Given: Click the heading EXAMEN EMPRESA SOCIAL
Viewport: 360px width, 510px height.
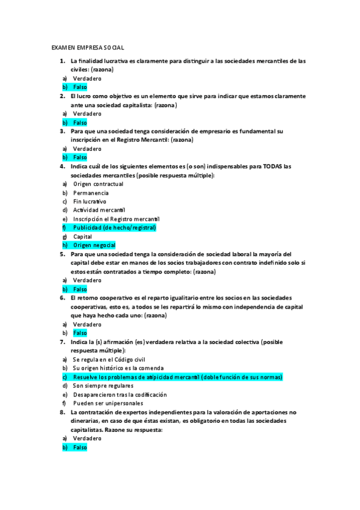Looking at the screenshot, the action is coord(88,46).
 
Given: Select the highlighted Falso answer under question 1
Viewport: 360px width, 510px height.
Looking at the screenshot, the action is coord(80,87).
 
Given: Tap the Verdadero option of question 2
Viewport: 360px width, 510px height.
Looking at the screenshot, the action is coord(87,114).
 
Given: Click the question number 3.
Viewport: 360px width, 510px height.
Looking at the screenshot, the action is coord(62,131).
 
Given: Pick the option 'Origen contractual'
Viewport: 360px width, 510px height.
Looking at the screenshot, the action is coord(98,184).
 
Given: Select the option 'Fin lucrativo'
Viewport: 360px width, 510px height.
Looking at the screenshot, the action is coord(90,201).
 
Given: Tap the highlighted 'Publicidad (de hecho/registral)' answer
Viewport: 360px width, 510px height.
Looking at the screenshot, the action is coord(114,228).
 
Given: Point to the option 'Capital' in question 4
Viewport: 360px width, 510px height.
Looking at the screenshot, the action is coord(83,236).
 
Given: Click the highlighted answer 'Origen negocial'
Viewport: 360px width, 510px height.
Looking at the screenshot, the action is coord(94,245).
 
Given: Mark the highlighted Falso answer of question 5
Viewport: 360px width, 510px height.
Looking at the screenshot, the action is coord(80,289).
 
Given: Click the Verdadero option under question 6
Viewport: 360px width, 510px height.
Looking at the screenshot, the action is coord(87,324).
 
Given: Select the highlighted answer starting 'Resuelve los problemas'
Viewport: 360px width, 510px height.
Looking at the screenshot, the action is coord(177,377).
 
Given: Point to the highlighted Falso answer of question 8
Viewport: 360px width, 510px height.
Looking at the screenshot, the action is coord(80,447).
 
